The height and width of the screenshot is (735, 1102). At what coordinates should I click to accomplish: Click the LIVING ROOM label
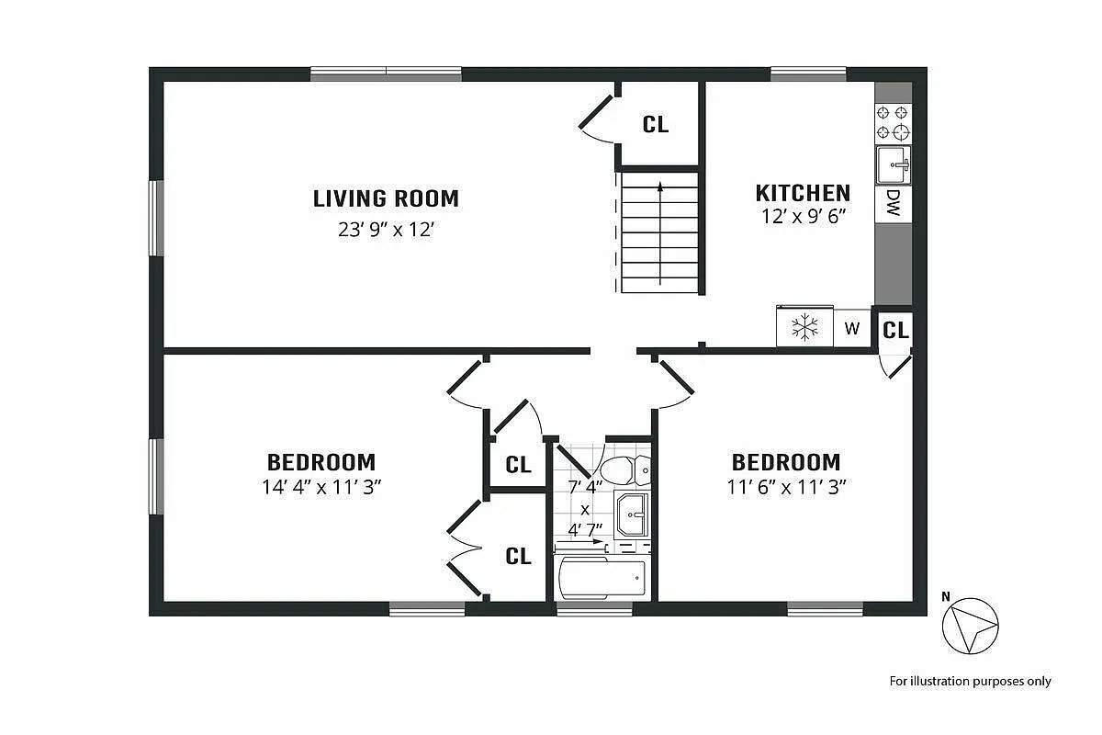386,198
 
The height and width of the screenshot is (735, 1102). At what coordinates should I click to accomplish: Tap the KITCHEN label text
803,193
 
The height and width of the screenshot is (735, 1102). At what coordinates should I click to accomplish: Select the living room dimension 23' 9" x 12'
386,230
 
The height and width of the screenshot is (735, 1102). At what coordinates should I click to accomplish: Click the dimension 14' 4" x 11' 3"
321,487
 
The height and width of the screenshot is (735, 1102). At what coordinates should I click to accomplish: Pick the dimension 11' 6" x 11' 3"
786,487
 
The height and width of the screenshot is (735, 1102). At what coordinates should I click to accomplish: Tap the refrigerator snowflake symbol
805,327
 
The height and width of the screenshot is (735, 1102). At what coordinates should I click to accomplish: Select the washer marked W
852,328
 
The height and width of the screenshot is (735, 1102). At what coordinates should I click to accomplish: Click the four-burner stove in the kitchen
893,122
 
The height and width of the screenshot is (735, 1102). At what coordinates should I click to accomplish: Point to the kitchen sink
893,165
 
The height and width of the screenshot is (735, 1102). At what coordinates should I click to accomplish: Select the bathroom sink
632,514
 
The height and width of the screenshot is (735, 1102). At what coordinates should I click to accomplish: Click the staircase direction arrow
659,230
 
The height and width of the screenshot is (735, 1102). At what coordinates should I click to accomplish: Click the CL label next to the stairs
656,124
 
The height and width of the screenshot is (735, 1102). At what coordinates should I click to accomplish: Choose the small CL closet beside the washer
895,330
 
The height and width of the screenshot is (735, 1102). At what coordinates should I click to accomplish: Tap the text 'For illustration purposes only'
970,681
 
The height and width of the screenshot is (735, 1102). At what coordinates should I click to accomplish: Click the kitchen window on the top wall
808,73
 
